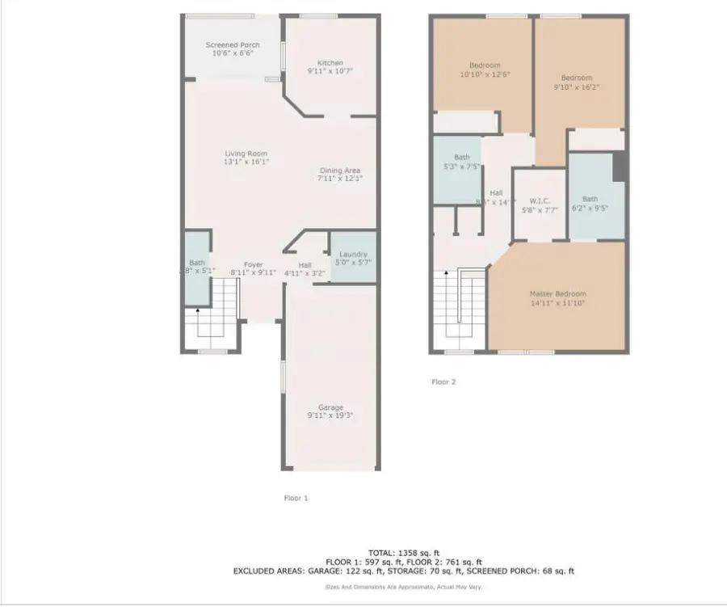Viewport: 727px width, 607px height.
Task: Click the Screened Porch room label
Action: tap(233, 45)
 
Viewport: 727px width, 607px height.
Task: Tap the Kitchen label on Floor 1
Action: tap(330, 63)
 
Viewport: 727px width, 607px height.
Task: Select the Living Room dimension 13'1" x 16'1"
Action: tap(246, 162)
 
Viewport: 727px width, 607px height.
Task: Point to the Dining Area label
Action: tap(339, 171)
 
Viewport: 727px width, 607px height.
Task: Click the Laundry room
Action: tap(353, 258)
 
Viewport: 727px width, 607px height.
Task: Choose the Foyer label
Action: tap(254, 264)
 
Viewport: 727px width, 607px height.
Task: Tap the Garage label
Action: tap(330, 407)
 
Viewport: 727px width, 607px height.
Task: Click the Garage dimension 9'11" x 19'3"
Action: tap(330, 415)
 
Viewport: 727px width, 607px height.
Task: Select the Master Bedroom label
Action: tap(557, 293)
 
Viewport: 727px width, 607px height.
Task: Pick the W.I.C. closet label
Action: tap(540, 200)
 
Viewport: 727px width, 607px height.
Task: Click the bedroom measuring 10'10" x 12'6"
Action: tap(485, 70)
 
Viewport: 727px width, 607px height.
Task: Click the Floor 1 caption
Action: tap(296, 499)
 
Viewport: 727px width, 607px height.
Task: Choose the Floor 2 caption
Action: tap(443, 382)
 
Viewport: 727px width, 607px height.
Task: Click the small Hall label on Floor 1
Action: tap(305, 264)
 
